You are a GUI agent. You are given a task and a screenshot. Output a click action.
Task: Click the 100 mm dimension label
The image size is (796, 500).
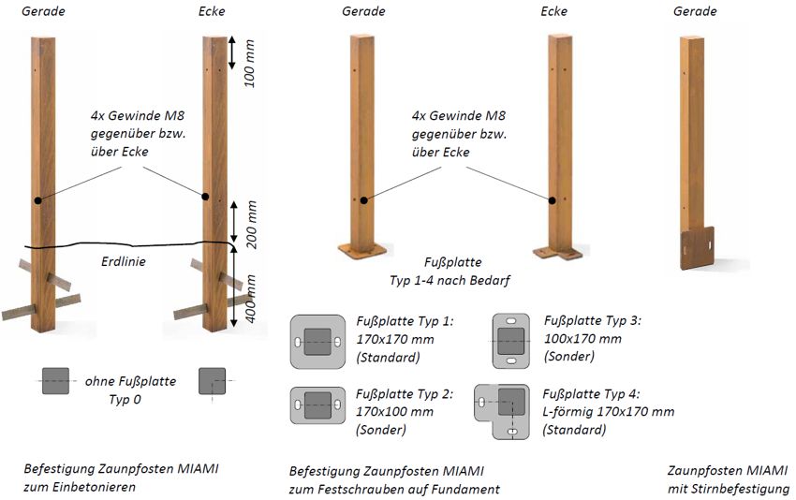click(x=249, y=63)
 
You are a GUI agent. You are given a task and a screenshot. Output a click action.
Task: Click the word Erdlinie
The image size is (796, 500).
click(x=124, y=261)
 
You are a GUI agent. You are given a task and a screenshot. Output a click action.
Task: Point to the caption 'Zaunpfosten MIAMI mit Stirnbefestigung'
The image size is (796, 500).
click(x=729, y=479)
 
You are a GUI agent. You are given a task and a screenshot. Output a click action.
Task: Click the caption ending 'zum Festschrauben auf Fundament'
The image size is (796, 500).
click(x=394, y=479)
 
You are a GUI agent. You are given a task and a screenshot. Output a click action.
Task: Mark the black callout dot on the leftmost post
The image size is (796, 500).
click(x=38, y=199)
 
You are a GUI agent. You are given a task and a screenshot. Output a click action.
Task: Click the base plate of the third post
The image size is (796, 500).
click(x=358, y=250)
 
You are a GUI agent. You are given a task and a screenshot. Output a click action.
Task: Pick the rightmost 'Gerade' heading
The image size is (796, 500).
click(x=695, y=11)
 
